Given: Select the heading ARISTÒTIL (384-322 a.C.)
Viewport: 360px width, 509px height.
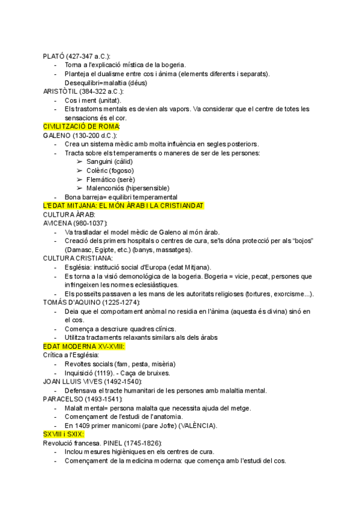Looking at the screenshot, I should coord(83,91).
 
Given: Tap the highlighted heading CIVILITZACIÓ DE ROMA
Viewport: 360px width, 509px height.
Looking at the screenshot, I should coord(82,127).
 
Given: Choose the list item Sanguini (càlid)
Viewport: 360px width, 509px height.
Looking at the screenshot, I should coord(109,161).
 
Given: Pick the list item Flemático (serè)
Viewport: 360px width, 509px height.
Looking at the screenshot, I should coord(110,179).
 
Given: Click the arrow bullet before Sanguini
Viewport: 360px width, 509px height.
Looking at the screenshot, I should coord(80,161).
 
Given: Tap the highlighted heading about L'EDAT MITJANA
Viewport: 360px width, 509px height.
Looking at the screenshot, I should coord(124,205).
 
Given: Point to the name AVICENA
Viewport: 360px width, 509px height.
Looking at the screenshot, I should coord(58,223).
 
